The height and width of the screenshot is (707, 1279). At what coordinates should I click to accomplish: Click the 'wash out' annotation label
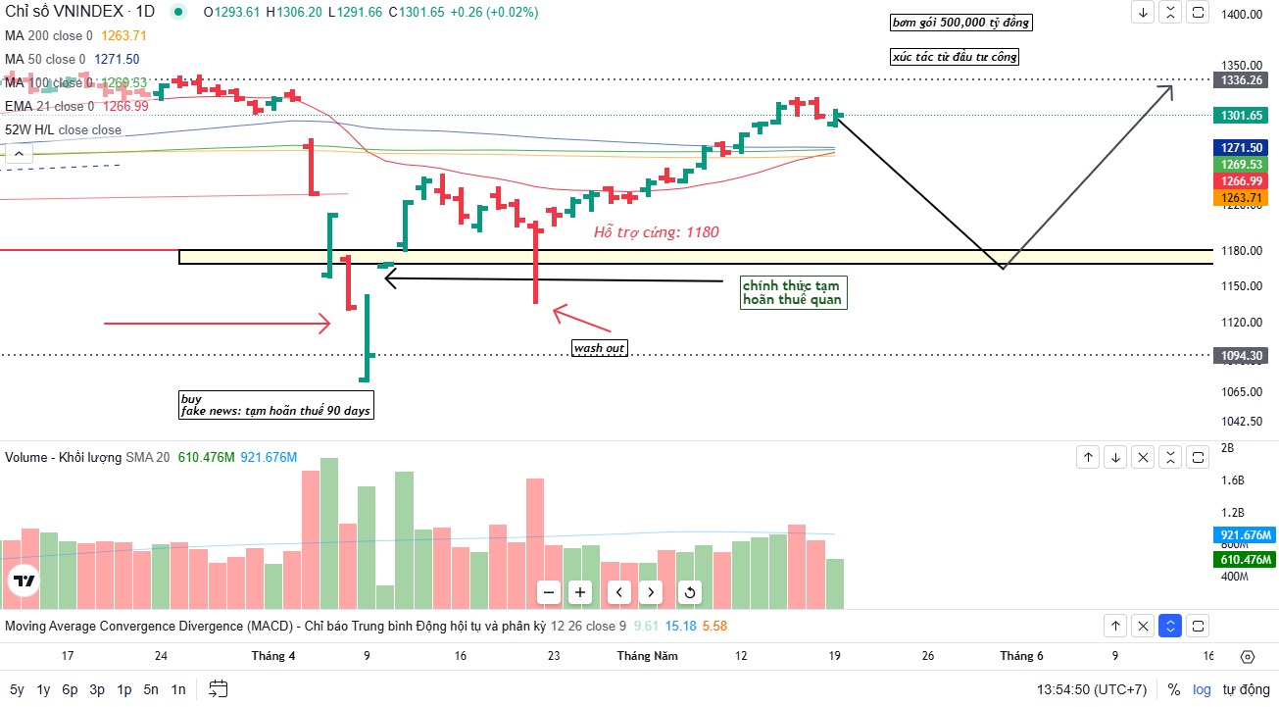[x=599, y=348]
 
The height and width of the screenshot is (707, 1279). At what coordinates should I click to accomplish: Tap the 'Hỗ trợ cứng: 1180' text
[x=656, y=232]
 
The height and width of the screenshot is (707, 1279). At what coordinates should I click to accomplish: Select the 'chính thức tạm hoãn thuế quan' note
[x=792, y=292]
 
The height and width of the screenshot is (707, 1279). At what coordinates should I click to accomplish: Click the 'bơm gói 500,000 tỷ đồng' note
[x=960, y=23]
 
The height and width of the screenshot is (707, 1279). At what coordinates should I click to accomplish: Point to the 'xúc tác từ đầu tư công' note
[x=955, y=57]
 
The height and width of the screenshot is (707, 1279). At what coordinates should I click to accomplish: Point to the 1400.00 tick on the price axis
[x=1241, y=15]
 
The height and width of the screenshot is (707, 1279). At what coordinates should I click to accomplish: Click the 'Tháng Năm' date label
[x=647, y=656]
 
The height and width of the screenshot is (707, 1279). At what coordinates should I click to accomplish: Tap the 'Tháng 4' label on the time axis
[x=273, y=656]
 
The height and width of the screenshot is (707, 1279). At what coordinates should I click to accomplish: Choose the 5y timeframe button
[x=18, y=689]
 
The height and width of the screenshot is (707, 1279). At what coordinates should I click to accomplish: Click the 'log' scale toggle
[x=1202, y=689]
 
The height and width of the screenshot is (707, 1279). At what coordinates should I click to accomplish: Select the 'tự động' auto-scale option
[x=1245, y=689]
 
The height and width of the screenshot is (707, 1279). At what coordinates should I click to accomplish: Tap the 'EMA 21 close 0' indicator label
[x=49, y=106]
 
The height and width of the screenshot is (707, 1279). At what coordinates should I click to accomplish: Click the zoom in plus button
[x=580, y=592]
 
